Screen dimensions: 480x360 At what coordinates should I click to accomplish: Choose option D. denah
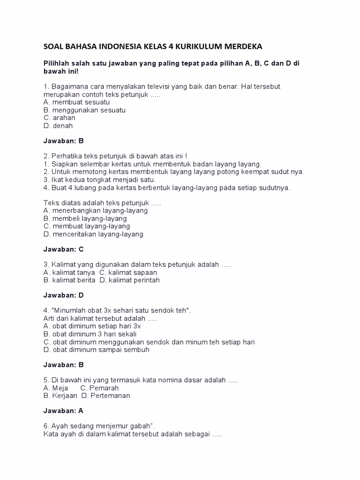point(58,126)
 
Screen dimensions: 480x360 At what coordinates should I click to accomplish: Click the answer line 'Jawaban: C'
point(63,249)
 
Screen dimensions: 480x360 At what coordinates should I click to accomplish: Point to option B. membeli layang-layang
point(85,218)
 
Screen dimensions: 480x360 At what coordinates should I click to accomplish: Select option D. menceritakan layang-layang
point(93,234)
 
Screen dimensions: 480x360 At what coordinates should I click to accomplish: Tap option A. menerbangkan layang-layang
point(95,210)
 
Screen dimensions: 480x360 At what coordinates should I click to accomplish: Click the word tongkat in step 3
point(95,180)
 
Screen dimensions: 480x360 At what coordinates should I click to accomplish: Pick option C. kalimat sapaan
point(128,272)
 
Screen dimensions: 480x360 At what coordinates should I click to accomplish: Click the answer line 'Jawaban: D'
point(63,295)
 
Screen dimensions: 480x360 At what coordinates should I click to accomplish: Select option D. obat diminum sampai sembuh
point(97,349)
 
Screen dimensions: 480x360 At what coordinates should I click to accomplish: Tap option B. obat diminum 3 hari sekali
point(90,334)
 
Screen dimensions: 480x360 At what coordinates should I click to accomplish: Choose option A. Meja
point(56,388)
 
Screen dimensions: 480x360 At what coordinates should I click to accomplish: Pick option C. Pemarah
point(100,388)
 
